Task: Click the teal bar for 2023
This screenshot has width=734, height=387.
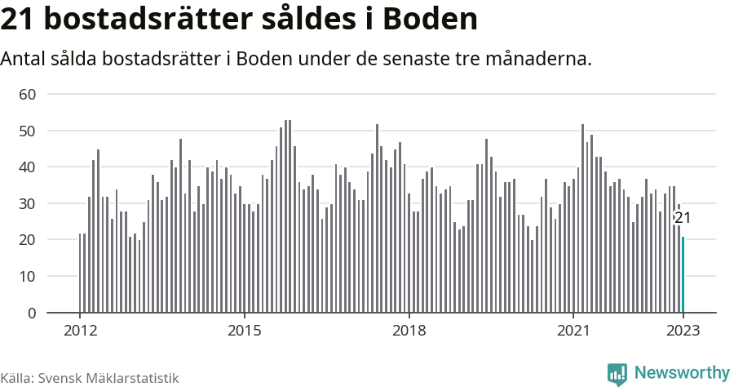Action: pos(683,274)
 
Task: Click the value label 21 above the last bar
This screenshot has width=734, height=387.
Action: pos(683,218)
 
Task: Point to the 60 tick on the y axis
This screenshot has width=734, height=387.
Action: pos(28,95)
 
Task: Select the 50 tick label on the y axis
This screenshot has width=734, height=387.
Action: pos(28,131)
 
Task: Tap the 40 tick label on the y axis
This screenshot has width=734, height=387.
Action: pos(28,167)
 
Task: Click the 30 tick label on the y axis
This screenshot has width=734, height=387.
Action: pos(28,203)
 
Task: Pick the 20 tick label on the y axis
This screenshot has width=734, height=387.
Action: pos(28,240)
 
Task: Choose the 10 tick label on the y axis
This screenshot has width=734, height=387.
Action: pos(28,277)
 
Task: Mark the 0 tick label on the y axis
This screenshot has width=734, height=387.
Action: pos(32,313)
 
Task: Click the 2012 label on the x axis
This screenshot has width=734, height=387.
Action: pos(80,331)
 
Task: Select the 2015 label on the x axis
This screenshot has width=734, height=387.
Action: pos(245,331)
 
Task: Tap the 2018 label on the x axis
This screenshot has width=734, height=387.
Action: pos(409,331)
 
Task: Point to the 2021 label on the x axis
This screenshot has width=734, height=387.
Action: pos(573,331)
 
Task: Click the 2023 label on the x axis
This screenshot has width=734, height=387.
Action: pos(683,331)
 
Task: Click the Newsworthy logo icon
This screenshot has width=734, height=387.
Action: pos(617,374)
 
